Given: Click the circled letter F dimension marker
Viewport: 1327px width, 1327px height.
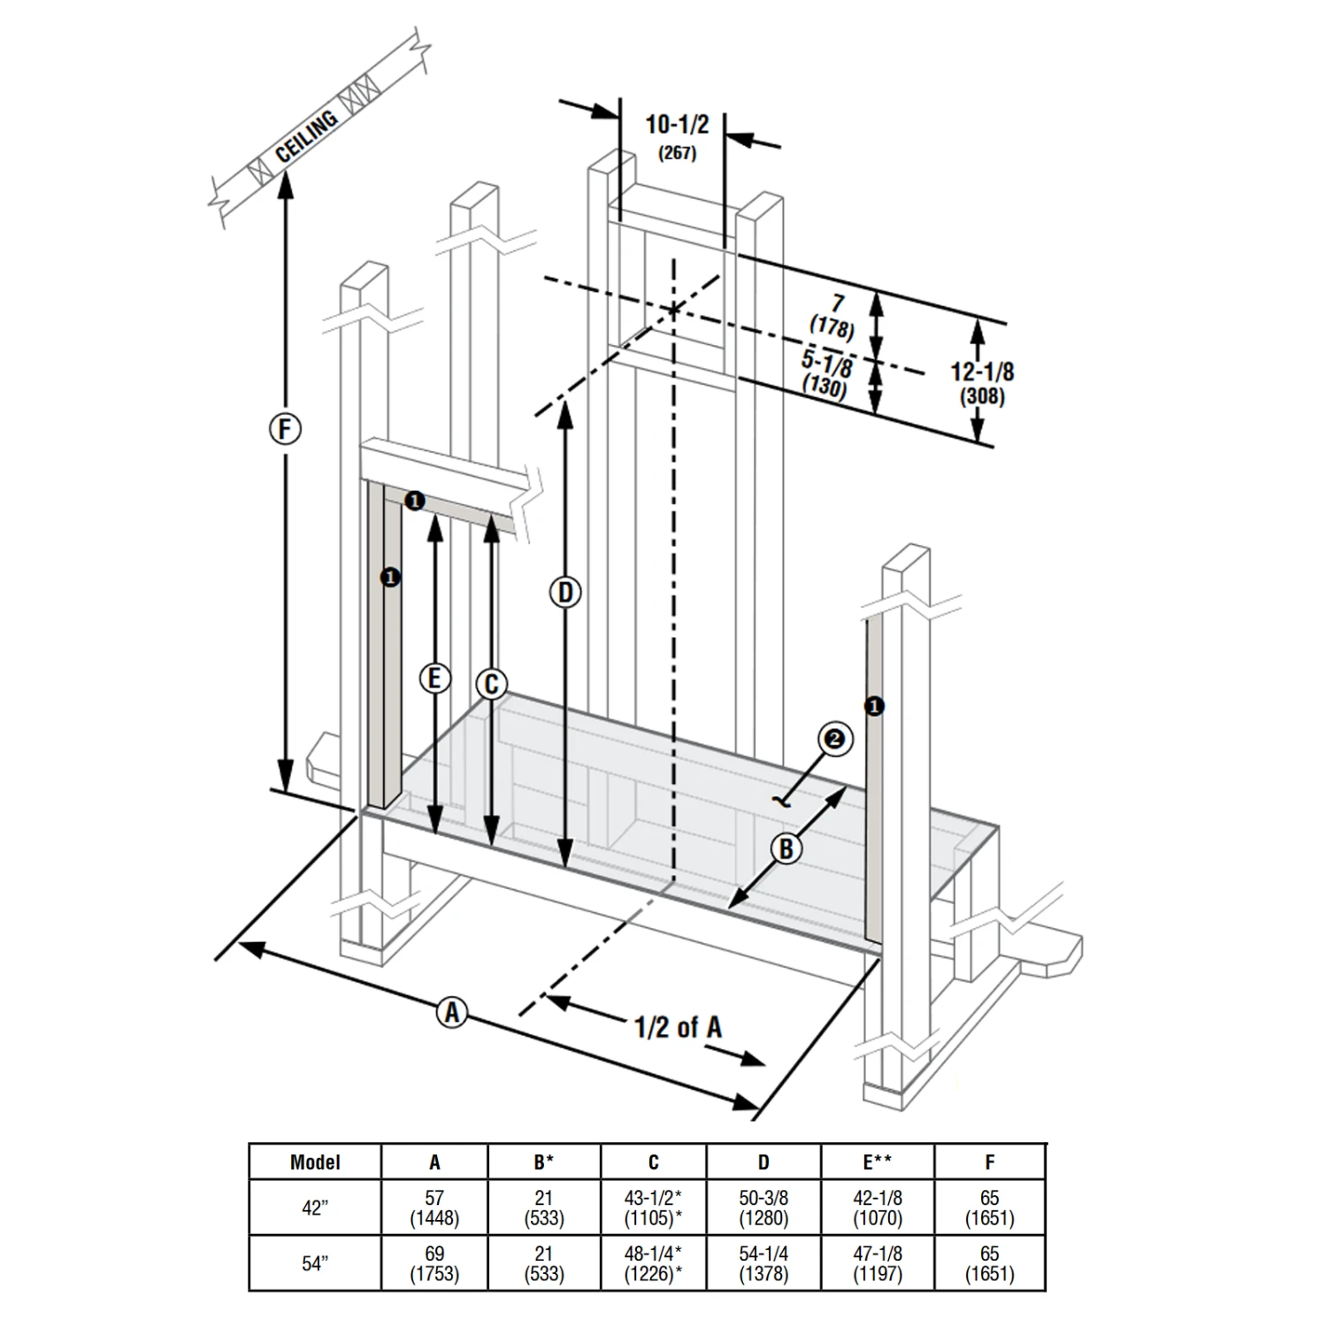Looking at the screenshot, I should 284,430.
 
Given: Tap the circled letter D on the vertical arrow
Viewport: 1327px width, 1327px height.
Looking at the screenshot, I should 565,592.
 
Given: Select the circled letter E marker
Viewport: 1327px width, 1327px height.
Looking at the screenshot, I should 433,679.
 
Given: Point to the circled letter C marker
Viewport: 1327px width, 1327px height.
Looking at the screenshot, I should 492,684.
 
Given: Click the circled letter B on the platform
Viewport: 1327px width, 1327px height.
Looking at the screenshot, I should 786,849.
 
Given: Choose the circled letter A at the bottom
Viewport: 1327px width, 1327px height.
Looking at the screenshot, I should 452,1011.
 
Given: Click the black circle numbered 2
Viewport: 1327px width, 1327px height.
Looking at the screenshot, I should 835,739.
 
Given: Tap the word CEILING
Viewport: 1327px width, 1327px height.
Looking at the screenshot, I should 306,136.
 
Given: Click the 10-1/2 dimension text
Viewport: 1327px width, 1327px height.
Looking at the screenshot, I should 677,125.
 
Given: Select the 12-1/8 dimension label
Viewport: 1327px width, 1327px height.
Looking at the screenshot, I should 982,372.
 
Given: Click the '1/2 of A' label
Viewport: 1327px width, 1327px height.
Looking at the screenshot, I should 678,1027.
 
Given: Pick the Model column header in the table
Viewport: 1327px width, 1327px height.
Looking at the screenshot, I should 315,1162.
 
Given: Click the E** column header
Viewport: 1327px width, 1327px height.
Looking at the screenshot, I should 877,1162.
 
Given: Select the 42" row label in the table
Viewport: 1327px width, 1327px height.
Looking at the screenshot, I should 315,1208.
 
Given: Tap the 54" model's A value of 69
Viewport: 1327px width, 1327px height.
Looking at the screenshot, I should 434,1254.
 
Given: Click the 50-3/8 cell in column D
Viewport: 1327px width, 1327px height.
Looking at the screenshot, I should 763,1198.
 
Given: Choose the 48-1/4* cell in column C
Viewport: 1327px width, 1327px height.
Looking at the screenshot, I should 653,1254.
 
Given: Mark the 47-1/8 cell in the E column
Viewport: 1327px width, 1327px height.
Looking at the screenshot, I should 877,1254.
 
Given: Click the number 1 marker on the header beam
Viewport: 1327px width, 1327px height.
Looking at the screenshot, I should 414,502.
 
